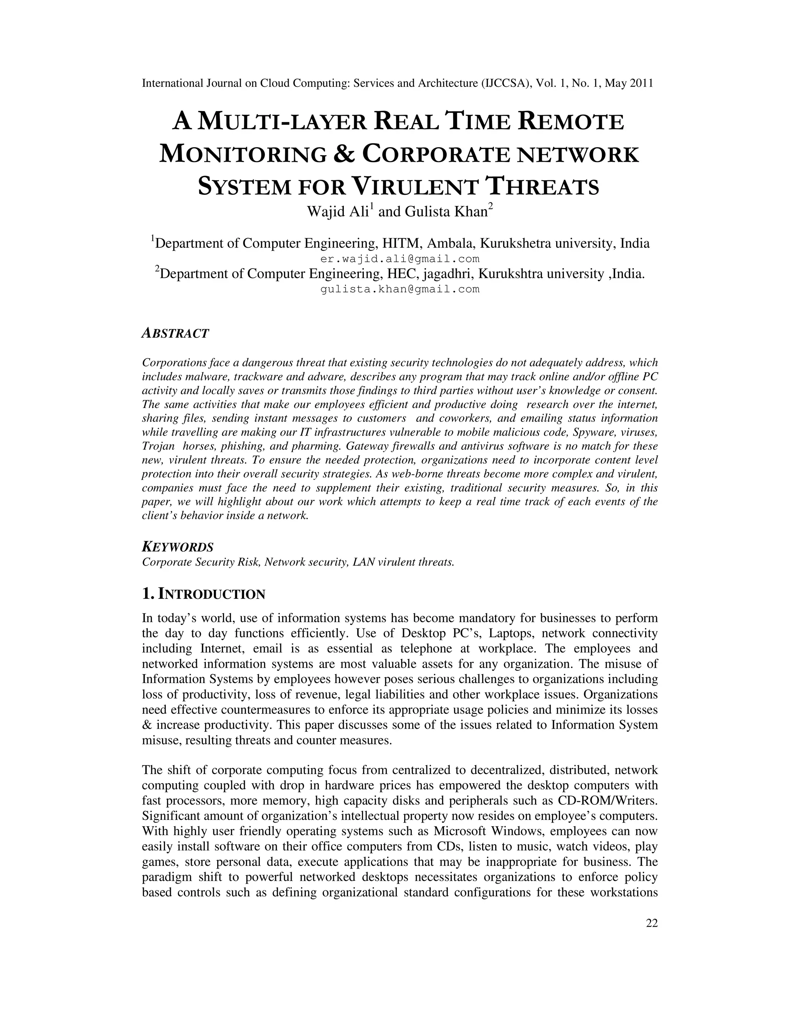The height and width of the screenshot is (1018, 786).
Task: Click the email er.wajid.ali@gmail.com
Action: click(400, 259)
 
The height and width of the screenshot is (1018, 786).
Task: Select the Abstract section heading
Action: click(175, 334)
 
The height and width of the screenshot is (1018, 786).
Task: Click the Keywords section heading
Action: click(178, 547)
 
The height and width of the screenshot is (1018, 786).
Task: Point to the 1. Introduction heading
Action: click(203, 594)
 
